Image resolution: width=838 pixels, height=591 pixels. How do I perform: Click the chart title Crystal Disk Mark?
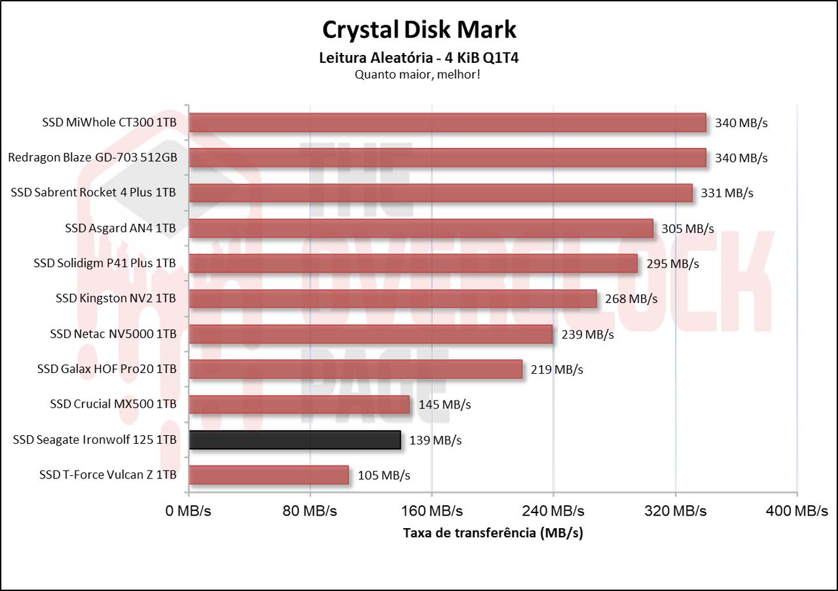[419, 29]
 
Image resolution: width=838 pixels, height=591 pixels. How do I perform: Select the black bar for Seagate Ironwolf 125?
[295, 440]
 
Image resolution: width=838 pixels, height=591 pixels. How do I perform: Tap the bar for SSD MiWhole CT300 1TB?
[447, 122]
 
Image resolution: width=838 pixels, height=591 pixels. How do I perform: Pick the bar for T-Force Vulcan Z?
[268, 475]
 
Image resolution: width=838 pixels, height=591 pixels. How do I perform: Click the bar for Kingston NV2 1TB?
[393, 298]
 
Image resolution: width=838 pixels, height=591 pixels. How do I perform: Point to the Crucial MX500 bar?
[299, 404]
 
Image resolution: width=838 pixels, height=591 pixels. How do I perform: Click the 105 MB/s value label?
[384, 475]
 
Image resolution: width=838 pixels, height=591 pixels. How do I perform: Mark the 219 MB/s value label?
[556, 369]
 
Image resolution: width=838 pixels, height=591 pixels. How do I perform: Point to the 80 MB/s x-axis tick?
[310, 511]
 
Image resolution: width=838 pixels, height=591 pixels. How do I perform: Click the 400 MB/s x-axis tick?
[797, 511]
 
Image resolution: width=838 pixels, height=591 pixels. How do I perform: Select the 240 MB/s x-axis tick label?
[553, 511]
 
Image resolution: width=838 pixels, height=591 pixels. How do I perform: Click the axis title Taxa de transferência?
[493, 533]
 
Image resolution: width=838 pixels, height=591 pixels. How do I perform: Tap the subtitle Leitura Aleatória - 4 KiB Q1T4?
[419, 58]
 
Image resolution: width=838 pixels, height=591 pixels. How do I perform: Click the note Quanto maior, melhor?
[418, 75]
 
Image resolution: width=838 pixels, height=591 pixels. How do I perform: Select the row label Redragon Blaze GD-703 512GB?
[92, 158]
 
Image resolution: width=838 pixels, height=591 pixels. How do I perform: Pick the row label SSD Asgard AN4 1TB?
[120, 228]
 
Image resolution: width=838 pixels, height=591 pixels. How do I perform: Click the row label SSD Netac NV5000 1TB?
[113, 334]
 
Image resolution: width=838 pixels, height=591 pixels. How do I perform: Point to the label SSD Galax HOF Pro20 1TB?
[107, 369]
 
